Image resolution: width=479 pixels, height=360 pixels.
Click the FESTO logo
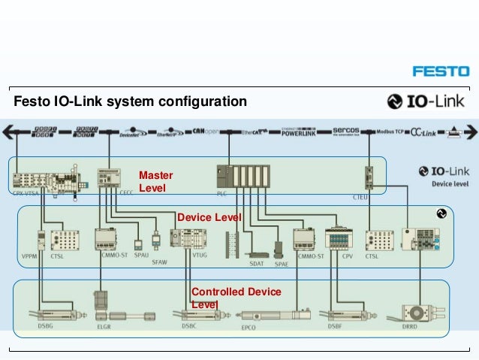coord(441,71)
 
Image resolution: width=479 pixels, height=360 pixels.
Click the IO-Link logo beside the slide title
coord(426,101)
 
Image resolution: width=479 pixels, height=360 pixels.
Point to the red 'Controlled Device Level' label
coord(236,298)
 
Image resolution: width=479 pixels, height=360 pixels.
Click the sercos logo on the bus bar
coord(352,132)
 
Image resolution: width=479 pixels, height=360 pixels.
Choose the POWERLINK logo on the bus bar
coord(302,132)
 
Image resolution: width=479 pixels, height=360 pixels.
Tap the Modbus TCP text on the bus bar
coord(390,131)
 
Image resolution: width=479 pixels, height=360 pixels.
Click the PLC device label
coord(221,193)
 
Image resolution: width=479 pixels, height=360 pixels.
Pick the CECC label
coord(126,193)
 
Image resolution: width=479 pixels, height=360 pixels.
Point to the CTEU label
coord(360,194)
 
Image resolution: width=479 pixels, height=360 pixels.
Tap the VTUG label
coord(200,256)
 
